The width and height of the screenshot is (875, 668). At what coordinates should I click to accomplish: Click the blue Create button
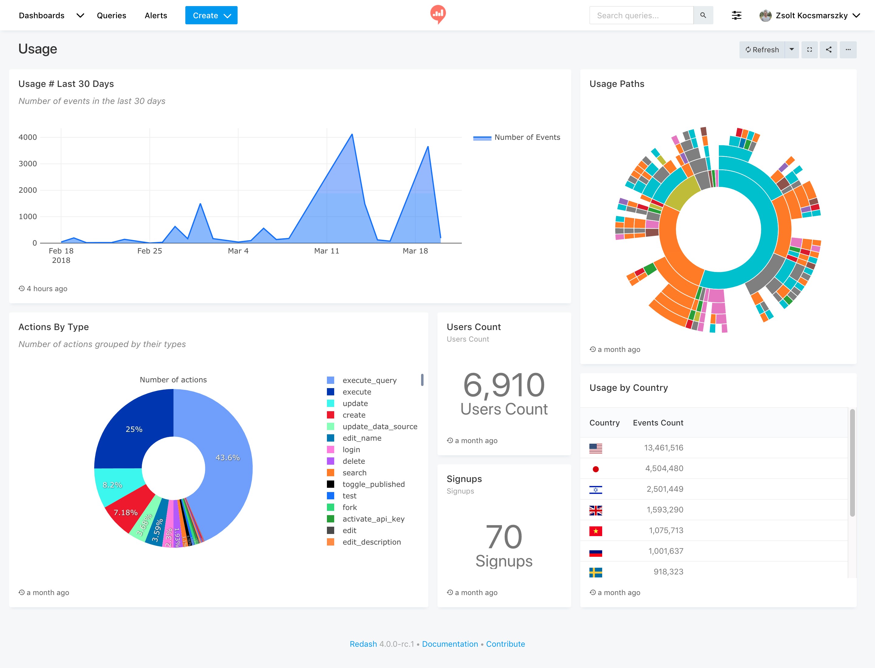coord(211,15)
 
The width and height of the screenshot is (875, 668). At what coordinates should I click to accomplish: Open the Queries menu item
coord(111,15)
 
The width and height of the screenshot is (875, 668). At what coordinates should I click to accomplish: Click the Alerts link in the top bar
coord(156,15)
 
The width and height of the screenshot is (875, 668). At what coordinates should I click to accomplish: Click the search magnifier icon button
coord(703,15)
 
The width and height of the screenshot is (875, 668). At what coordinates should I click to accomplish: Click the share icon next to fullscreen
coord(829,50)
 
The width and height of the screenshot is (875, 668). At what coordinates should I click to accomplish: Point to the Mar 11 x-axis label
coord(326,251)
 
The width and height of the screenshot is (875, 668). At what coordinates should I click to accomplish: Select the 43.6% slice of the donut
coord(227,457)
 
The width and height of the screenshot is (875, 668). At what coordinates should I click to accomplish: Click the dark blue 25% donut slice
coord(134,429)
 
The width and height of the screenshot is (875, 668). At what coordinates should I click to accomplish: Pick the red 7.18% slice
coord(125,512)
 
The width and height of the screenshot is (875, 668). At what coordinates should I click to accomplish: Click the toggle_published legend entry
coord(373,484)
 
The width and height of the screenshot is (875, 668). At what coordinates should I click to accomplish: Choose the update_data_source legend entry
coord(380,427)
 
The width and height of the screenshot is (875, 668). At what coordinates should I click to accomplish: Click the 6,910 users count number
coord(504,385)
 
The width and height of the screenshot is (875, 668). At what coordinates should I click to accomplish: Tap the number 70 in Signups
coord(504,537)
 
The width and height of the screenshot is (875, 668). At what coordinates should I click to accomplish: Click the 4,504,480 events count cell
coord(664,468)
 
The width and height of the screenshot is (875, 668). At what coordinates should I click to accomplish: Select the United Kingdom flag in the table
coord(595,510)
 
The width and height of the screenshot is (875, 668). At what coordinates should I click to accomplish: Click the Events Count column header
coord(658,423)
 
